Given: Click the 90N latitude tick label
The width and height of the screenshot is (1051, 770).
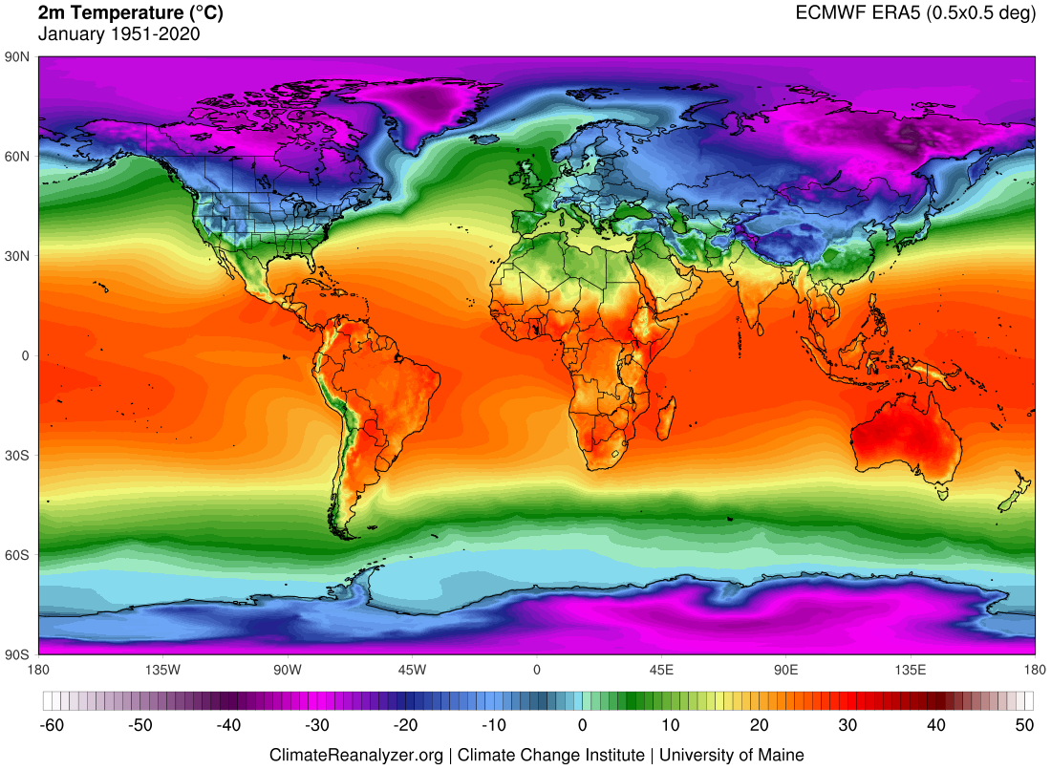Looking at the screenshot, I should click(x=17, y=57).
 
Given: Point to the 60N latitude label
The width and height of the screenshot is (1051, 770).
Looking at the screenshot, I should click(x=17, y=157).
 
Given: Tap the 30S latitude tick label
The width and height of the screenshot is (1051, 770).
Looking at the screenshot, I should click(x=17, y=456).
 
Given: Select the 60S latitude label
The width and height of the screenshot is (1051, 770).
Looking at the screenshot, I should click(x=17, y=555).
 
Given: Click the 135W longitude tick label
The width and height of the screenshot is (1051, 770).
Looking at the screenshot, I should click(x=163, y=670).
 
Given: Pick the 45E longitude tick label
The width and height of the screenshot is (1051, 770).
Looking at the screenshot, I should click(x=661, y=670).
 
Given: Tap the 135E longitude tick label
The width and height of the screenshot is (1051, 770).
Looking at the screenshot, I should click(x=911, y=670).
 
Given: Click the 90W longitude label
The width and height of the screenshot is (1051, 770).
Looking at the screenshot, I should click(x=288, y=670).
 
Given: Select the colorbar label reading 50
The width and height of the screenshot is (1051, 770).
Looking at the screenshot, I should click(x=1024, y=726).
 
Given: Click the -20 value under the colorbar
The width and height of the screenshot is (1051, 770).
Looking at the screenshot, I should click(x=406, y=726).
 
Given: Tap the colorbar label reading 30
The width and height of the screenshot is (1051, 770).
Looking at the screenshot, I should click(x=847, y=726).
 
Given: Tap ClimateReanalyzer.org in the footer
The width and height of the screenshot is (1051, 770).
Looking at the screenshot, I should click(x=356, y=755).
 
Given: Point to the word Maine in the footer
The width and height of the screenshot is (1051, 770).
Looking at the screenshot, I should click(x=782, y=755).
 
